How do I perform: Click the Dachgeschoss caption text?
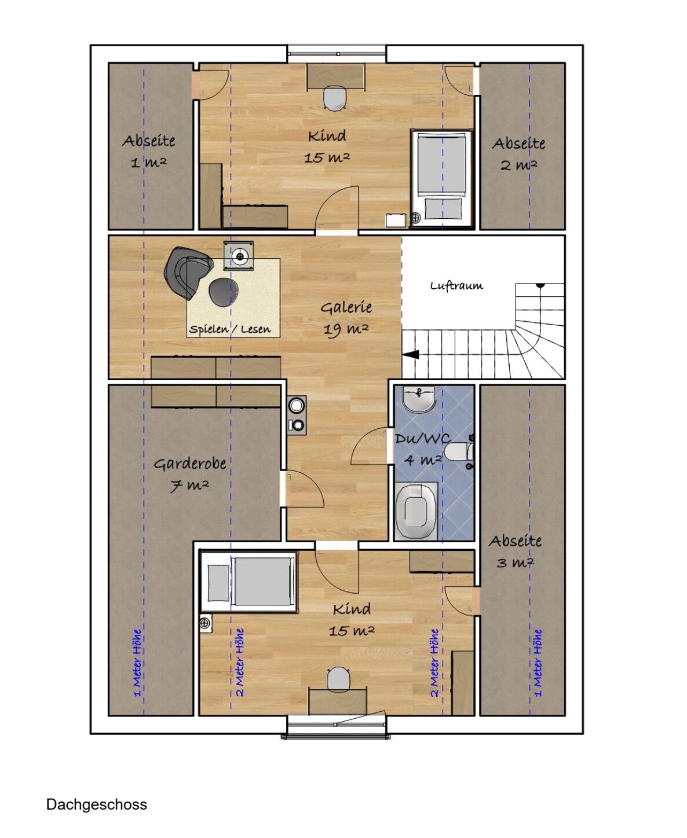pos(96,804)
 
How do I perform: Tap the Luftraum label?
pos(456,285)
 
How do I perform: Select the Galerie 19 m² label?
pos(346,318)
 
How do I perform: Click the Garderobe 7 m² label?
pos(190,475)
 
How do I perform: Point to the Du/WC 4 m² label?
pos(422,450)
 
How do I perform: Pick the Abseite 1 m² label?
pos(149,152)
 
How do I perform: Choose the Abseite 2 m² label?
pos(519,154)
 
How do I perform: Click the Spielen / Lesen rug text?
pos(230,329)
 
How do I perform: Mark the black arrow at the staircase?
pos(411,354)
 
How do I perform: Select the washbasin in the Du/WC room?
pos(418,399)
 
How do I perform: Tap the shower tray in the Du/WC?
pos(416,512)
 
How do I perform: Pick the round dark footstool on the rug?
pos(224,292)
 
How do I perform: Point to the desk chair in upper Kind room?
pos(335,98)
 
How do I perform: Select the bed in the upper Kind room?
pos(441,179)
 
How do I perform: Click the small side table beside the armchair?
pos(239,256)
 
